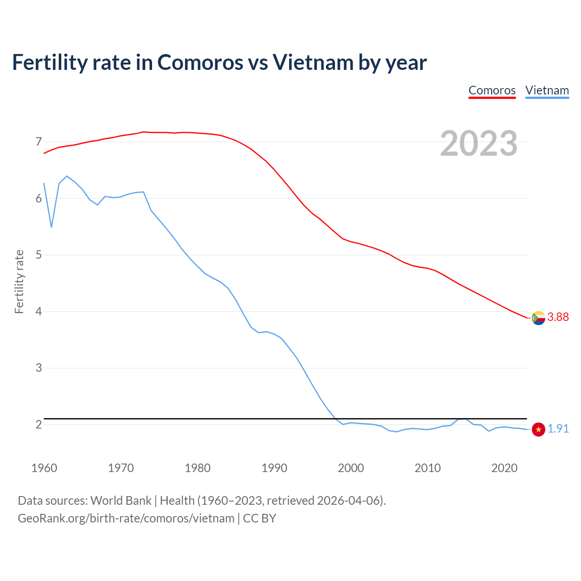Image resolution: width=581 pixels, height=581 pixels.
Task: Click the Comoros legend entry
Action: point(492,90)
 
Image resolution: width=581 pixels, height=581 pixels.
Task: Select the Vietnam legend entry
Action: point(547,90)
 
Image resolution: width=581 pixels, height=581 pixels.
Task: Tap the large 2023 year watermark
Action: point(479,143)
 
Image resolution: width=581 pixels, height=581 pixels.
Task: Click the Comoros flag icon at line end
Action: point(538,318)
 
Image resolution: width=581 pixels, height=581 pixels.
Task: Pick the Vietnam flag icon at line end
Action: point(538,429)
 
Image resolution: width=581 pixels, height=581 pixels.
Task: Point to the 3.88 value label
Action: point(558,317)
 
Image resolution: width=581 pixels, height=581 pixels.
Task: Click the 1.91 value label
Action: point(558,428)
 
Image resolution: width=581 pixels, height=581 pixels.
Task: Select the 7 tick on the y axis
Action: point(39,142)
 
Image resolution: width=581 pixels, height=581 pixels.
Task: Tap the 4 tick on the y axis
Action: point(39,311)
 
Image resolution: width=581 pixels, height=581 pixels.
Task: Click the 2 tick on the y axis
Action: point(39,424)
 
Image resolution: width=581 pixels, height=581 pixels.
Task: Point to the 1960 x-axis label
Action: point(44,468)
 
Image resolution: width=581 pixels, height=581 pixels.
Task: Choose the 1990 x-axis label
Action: point(274,468)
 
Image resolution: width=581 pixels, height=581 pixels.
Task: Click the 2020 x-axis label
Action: point(504,468)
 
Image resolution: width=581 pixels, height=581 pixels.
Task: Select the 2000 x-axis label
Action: point(351,468)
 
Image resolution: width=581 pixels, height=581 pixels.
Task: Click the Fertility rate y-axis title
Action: point(19,281)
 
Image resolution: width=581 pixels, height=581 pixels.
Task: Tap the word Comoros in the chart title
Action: point(200,62)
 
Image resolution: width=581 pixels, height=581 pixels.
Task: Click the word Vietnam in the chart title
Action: point(313,62)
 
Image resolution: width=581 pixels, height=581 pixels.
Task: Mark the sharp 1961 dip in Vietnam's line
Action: point(51,226)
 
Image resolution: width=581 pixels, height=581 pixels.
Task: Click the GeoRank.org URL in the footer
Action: point(126,518)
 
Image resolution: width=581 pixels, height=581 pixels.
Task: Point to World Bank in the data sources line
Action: point(121,500)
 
